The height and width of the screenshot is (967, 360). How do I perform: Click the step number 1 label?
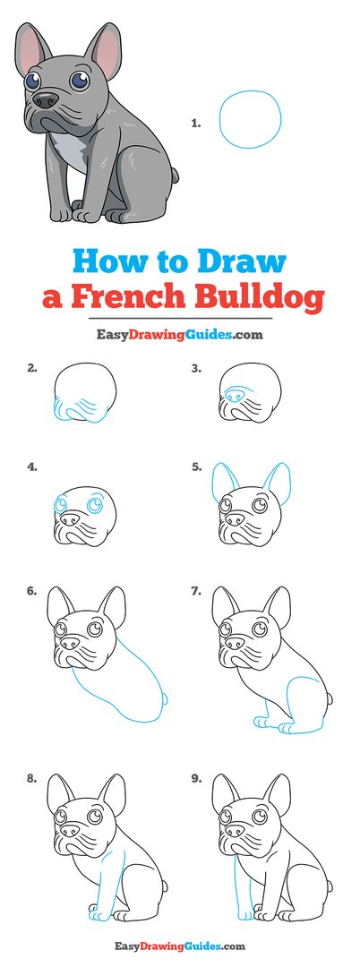pyautogui.click(x=195, y=125)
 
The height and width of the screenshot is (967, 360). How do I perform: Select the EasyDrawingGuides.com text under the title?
pyautogui.click(x=179, y=335)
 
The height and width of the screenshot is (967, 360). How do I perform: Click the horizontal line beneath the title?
pyautogui.click(x=179, y=318)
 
